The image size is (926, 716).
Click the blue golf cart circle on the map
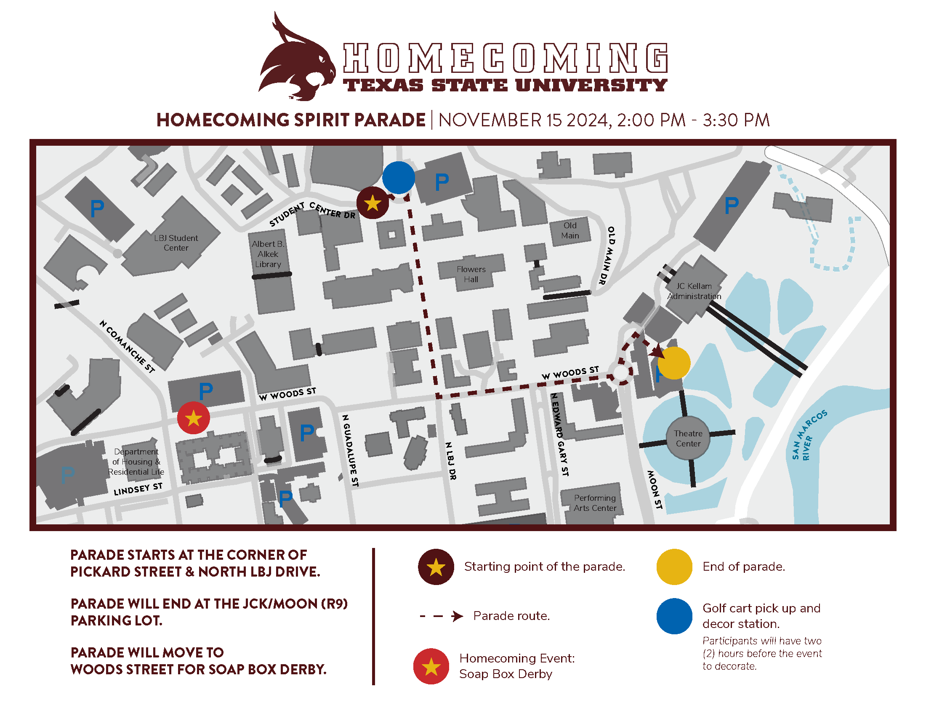tap(398, 177)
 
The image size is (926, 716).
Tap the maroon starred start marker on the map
tap(372, 203)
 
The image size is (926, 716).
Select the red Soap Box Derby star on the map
tap(193, 418)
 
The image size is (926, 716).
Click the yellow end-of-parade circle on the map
tap(674, 363)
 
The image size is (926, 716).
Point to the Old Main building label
tap(570, 230)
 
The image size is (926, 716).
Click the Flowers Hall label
tap(471, 274)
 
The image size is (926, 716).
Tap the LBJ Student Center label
tap(176, 243)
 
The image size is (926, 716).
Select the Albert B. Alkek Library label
tap(268, 254)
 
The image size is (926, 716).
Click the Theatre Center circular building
tap(688, 438)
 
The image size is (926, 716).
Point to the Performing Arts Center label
tap(595, 502)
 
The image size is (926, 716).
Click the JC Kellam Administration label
tap(694, 291)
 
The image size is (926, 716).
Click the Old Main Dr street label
tap(607, 255)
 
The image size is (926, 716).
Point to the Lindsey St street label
tap(138, 489)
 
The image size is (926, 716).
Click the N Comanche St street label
tap(127, 346)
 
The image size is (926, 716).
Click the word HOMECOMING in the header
tap(506, 58)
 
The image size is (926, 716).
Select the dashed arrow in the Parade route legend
tap(442, 615)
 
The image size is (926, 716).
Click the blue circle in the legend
tap(674, 615)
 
